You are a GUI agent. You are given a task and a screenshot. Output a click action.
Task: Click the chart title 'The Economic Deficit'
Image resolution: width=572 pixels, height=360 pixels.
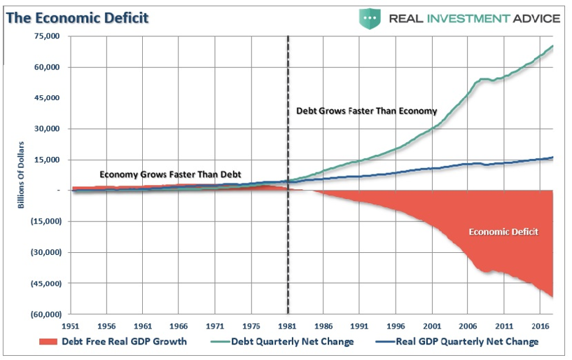tap(78, 17)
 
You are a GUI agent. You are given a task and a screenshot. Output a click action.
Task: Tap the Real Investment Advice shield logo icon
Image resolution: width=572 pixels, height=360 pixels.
tap(370, 17)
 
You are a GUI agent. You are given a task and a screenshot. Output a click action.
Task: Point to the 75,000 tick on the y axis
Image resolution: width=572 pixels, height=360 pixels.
tap(46, 36)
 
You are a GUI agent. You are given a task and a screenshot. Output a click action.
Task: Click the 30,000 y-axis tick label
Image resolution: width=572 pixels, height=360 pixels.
tap(46, 129)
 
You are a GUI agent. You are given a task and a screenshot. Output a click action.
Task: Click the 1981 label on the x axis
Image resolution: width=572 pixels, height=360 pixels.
tap(287, 326)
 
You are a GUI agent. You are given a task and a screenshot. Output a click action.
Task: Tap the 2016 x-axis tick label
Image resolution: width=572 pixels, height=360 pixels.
tap(538, 326)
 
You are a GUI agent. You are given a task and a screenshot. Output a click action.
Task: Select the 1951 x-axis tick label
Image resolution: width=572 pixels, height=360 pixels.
tap(71, 326)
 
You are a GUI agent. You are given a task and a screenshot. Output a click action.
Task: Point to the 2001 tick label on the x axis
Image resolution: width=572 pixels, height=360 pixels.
tap(431, 326)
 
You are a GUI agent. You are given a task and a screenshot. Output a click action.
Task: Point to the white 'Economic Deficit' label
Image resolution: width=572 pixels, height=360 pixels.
tap(503, 231)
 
